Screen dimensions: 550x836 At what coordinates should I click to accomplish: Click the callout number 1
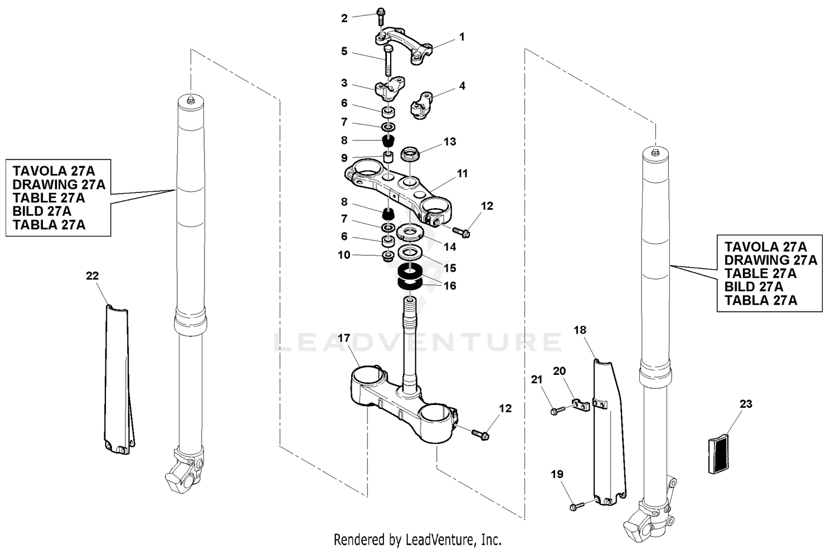pyautogui.click(x=461, y=37)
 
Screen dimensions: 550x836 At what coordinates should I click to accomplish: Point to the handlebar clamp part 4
pyautogui.click(x=424, y=105)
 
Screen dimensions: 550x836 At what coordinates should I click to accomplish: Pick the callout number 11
pyautogui.click(x=462, y=173)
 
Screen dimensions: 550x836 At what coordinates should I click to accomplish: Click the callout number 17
pyautogui.click(x=344, y=338)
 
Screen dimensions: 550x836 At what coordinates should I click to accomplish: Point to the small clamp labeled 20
pyautogui.click(x=581, y=404)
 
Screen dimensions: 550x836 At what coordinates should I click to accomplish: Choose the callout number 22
pyautogui.click(x=93, y=276)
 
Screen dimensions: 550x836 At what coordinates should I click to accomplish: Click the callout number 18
pyautogui.click(x=580, y=330)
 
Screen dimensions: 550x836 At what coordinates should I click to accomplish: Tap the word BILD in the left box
pyautogui.click(x=28, y=211)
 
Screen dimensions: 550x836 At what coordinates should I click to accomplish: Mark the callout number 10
pyautogui.click(x=344, y=255)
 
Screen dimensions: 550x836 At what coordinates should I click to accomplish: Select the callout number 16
pyautogui.click(x=450, y=286)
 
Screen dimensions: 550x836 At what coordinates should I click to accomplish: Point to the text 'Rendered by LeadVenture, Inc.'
pyautogui.click(x=417, y=540)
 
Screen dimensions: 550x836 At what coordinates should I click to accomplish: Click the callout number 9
pyautogui.click(x=344, y=158)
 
